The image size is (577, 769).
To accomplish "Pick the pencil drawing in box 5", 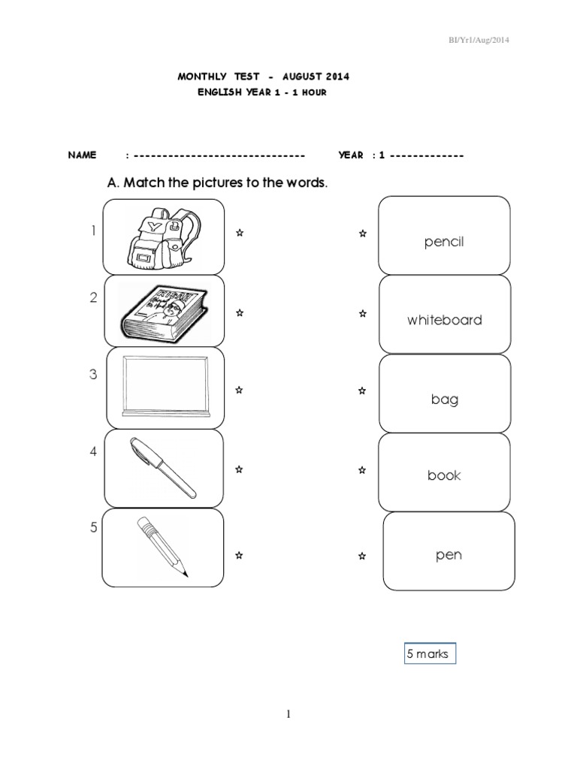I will [162, 547].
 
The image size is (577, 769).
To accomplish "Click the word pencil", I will [444, 243].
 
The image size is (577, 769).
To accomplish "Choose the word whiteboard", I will [445, 320].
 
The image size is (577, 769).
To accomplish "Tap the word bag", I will [445, 400].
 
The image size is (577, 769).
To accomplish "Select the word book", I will [444, 475].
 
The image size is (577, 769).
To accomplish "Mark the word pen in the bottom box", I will [449, 556].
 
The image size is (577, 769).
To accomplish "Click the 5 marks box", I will [427, 653].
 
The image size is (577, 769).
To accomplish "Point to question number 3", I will [94, 375].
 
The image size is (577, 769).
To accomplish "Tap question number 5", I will [94, 527].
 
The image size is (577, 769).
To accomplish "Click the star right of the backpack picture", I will [239, 234].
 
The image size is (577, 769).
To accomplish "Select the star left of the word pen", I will [362, 556].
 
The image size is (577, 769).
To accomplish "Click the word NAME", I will [82, 155].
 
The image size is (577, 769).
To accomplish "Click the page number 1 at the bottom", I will [288, 714].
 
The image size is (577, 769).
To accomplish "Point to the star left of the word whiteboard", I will [362, 313].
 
